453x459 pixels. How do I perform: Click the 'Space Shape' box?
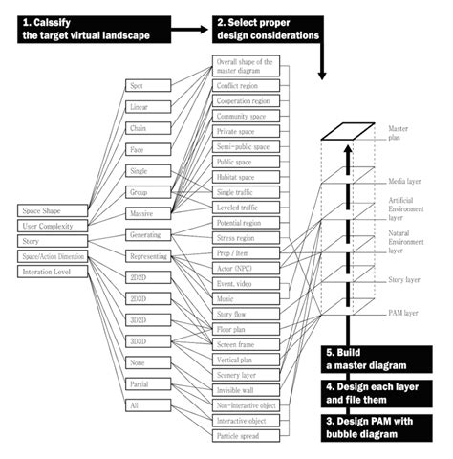50,210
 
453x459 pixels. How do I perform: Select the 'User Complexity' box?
50,226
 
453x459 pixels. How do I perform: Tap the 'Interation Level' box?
50,272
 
